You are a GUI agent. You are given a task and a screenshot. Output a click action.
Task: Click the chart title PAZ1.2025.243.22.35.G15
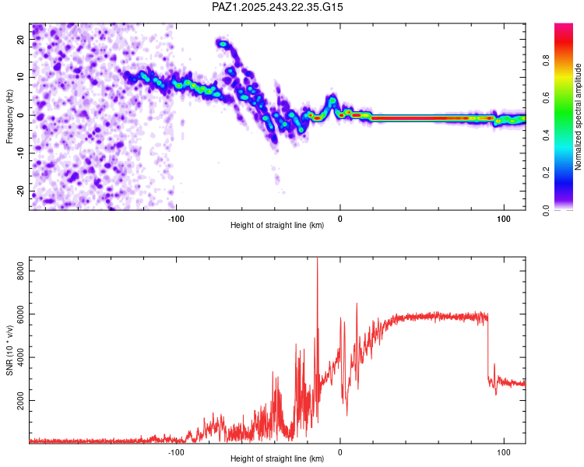coord(277,7)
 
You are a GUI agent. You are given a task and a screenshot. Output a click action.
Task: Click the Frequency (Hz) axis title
coord(9,115)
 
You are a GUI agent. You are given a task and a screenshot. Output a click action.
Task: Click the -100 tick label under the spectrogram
coord(176,217)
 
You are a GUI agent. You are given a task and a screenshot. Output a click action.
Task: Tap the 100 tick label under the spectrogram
coord(503,217)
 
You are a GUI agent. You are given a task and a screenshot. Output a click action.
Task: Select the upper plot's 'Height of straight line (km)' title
coord(277,226)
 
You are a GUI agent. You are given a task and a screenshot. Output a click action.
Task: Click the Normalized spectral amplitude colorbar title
coord(578,117)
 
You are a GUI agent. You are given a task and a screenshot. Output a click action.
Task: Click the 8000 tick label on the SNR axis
coord(16,270)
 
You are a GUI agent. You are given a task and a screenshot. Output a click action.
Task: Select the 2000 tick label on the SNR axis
coord(16,401)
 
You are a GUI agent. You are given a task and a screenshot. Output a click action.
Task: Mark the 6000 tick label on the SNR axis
coord(16,314)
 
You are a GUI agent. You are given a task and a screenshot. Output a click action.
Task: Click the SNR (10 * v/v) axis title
coord(9,350)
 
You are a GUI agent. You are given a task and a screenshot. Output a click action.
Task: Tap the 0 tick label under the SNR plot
coord(339,451)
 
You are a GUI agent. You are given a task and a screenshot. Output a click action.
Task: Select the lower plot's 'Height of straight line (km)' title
coord(277,459)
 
